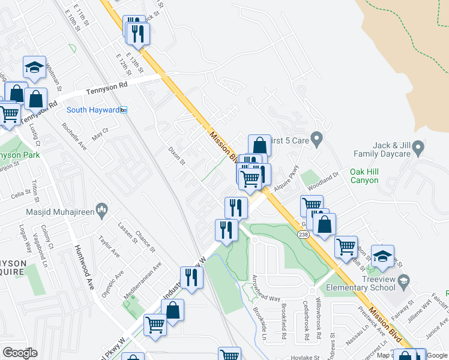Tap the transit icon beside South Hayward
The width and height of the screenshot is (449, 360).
coord(124,110)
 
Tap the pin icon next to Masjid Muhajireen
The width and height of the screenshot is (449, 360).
coord(102,210)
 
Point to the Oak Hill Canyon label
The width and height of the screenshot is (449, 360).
coord(373,176)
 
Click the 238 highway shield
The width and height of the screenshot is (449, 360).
coord(305,235)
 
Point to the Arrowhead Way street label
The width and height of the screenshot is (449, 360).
coord(266,287)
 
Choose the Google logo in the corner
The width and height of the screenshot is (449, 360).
coord(20,353)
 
